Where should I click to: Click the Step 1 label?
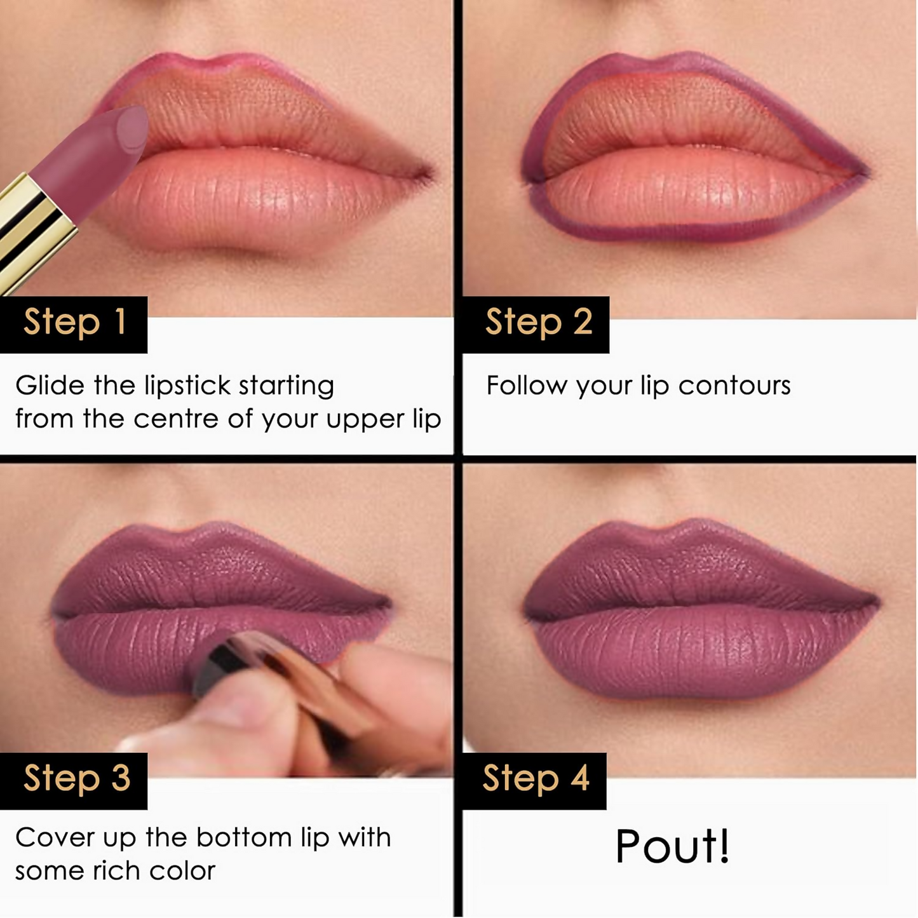tap(74, 323)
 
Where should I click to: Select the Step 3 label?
tap(76, 779)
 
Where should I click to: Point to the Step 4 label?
tap(535, 779)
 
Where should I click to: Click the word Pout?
tap(672, 846)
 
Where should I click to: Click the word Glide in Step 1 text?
tap(50, 386)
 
